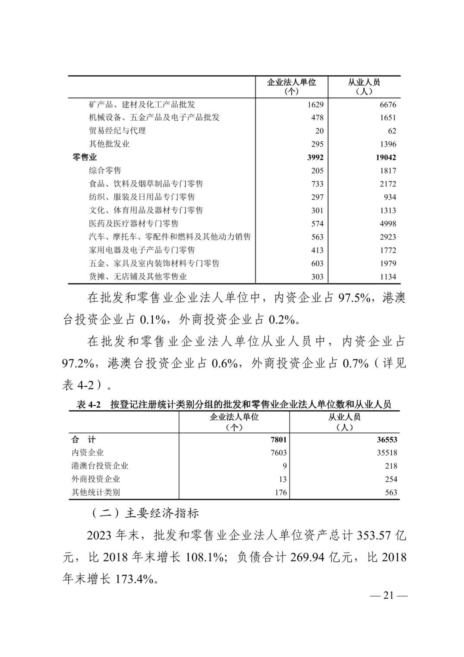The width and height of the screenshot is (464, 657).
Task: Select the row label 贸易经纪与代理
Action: click(x=117, y=131)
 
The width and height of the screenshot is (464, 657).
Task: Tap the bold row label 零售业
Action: click(x=85, y=157)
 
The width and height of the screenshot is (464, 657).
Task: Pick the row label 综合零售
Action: click(x=105, y=171)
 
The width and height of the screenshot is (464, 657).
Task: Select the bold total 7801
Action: click(x=278, y=440)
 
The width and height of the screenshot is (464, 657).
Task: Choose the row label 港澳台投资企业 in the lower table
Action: click(x=100, y=466)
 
